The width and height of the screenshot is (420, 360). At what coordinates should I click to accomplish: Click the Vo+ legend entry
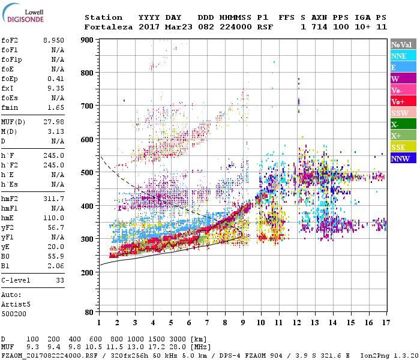point(398,101)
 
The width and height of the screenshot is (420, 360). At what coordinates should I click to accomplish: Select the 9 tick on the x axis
point(242,322)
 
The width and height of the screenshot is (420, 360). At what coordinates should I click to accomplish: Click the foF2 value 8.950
point(53,39)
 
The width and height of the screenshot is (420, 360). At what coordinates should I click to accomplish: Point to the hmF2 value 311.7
point(53,198)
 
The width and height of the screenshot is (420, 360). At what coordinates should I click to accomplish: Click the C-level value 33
point(59,280)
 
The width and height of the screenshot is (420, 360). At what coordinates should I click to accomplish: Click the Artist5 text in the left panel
point(14,304)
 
